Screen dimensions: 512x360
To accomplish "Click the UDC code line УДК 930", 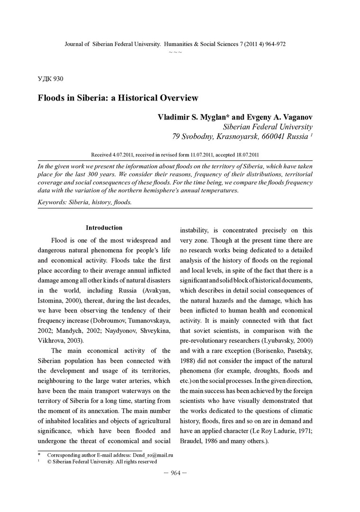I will click(x=50, y=79).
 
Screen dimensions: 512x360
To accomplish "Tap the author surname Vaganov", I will click(x=295, y=117).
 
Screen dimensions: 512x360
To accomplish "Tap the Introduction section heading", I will click(x=104, y=228).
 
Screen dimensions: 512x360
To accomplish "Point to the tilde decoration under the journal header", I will click(x=175, y=51).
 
